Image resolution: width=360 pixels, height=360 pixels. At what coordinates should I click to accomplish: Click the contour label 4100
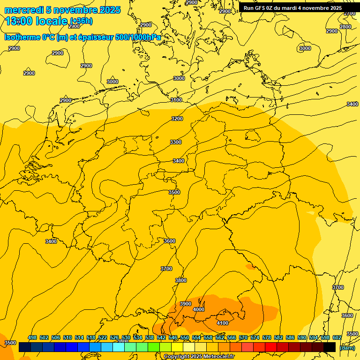pos(223,323)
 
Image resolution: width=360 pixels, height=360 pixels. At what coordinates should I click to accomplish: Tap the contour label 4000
pos(199,309)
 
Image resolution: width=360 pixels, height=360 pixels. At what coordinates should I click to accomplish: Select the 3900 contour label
pos(186,304)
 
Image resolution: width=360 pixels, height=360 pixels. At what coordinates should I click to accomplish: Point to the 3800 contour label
pos(181,280)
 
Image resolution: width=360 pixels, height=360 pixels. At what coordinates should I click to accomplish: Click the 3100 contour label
pos(176,100)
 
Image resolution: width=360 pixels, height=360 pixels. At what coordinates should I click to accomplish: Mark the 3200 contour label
pos(177,119)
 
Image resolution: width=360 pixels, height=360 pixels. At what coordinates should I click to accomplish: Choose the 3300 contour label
pos(176,142)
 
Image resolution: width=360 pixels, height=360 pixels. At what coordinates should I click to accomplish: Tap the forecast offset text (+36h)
pos(81,21)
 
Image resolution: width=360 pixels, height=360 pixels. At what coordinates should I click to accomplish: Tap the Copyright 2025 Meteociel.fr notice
pos(199,356)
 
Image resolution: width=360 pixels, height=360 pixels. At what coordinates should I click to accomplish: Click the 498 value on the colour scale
pos(32,337)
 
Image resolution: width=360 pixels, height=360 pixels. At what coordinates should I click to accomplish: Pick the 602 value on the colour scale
pos(337,337)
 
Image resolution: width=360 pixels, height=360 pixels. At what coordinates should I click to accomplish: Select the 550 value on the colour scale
pos(185,337)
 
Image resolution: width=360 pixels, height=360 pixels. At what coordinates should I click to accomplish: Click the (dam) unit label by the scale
pos(347,347)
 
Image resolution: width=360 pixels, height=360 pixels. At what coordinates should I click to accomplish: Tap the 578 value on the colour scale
pos(267,337)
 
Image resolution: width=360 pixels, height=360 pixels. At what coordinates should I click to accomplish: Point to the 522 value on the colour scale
pos(103,337)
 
